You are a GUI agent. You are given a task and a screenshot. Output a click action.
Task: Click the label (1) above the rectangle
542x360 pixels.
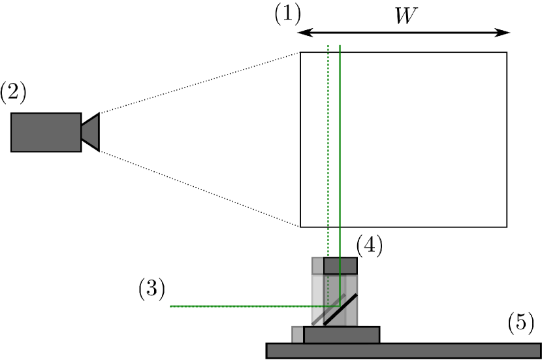(x=287, y=14)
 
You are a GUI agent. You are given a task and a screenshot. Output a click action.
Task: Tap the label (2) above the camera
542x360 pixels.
(x=13, y=92)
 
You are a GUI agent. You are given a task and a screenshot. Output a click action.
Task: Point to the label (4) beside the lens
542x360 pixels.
(x=369, y=246)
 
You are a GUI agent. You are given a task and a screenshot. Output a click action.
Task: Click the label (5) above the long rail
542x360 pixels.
(x=520, y=323)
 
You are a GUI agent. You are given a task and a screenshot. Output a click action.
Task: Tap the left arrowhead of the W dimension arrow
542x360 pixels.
(x=302, y=33)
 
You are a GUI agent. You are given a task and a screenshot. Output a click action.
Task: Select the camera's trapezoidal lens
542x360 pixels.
(x=91, y=132)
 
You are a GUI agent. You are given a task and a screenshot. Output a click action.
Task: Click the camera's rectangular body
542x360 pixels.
(x=46, y=132)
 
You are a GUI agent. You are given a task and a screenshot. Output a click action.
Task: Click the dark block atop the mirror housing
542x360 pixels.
(x=340, y=265)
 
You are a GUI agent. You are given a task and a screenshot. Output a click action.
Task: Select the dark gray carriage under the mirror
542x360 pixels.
(x=342, y=335)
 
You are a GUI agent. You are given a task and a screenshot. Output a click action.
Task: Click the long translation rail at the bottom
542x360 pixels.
(x=403, y=351)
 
